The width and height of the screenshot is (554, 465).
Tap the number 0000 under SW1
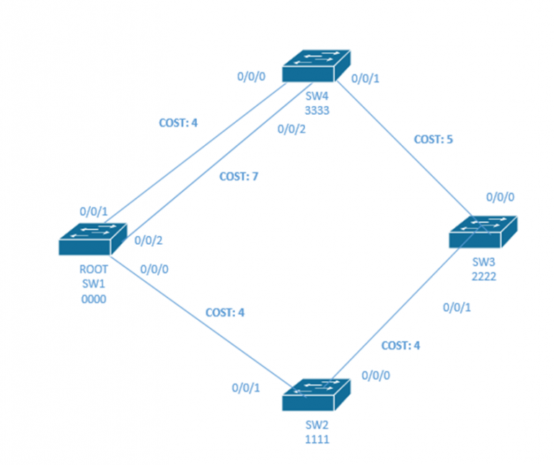tap(94, 299)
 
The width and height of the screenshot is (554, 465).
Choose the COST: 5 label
tap(434, 139)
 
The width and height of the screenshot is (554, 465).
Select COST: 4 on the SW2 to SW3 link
tap(400, 345)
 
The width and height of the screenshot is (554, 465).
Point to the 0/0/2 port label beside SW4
tap(292, 129)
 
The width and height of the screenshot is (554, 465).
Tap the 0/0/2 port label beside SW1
tap(149, 240)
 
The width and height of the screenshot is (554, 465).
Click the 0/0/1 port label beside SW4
tap(364, 79)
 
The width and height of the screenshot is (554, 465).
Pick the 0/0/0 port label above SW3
tap(501, 196)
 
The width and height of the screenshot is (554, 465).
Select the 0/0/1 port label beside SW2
tap(246, 388)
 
